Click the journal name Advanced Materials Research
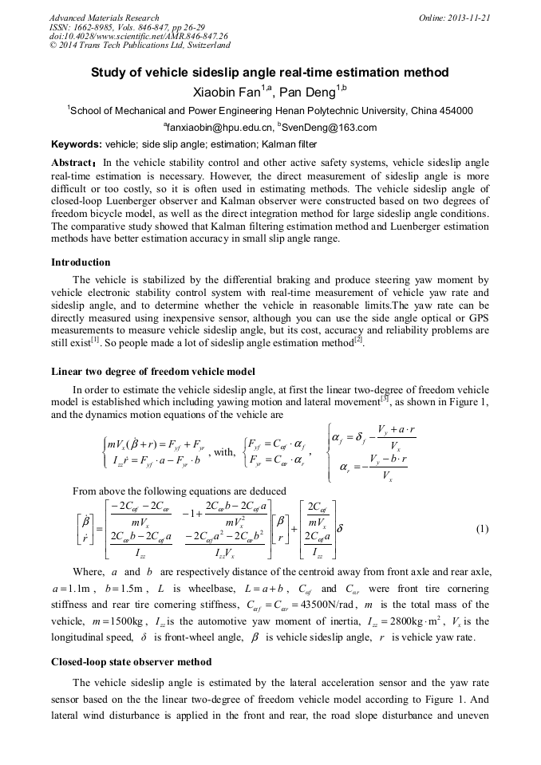coord(104,17)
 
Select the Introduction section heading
coord(81,262)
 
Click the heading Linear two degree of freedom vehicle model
coord(153,372)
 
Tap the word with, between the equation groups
coord(224,452)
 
